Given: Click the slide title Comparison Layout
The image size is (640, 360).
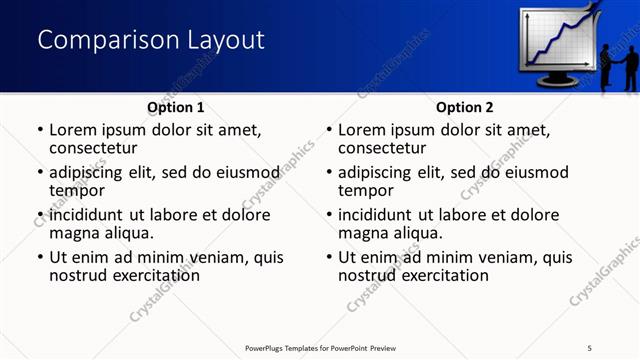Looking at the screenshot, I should click(151, 40).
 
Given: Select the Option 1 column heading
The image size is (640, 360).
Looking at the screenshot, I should click(176, 107).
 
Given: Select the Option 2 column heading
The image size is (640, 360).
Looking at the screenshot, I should click(465, 107).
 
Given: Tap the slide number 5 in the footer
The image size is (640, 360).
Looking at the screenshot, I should click(590, 347).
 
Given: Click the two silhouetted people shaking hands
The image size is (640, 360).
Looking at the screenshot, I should click(617, 68).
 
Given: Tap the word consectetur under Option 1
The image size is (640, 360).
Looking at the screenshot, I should click(97, 148).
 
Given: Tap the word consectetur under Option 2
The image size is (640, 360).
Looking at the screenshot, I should click(386, 148).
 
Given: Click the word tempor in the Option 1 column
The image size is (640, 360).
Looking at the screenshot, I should click(77, 190).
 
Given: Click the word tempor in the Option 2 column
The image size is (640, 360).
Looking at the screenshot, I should click(366, 190).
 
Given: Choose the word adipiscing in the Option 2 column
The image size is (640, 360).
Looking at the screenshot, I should click(379, 172).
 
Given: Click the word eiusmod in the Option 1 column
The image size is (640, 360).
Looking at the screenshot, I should click(237, 172).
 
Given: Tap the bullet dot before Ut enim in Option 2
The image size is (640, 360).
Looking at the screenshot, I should click(329, 257).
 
